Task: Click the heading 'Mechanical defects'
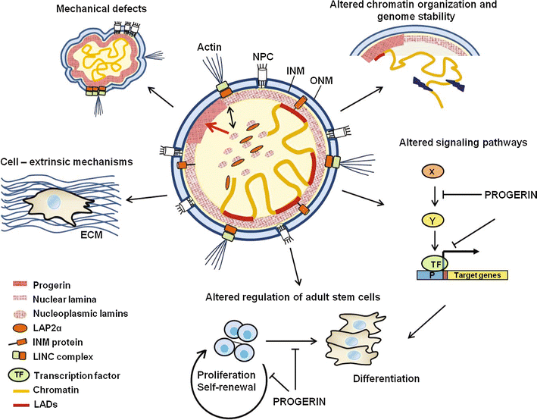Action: coord(106,9)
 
